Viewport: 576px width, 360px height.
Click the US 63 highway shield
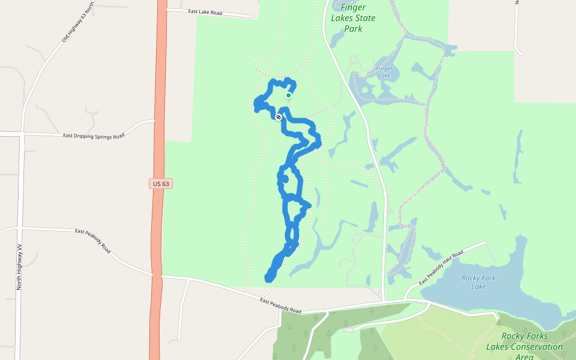[161, 184]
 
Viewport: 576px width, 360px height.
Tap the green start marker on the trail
[289, 95]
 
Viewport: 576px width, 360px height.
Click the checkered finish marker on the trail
[279, 117]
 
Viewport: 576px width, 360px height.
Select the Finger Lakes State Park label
[353, 18]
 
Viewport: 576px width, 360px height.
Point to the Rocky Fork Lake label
[478, 282]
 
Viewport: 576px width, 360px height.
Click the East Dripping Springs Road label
[94, 136]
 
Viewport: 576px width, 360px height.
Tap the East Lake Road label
[205, 11]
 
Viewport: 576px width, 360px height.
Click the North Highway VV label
[19, 268]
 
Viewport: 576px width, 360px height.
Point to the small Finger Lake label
[384, 72]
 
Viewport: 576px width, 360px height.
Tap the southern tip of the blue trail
[269, 278]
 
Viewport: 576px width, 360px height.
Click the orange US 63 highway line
[158, 252]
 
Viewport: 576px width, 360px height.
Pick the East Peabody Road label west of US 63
[93, 239]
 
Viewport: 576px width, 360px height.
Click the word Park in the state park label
[353, 28]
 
